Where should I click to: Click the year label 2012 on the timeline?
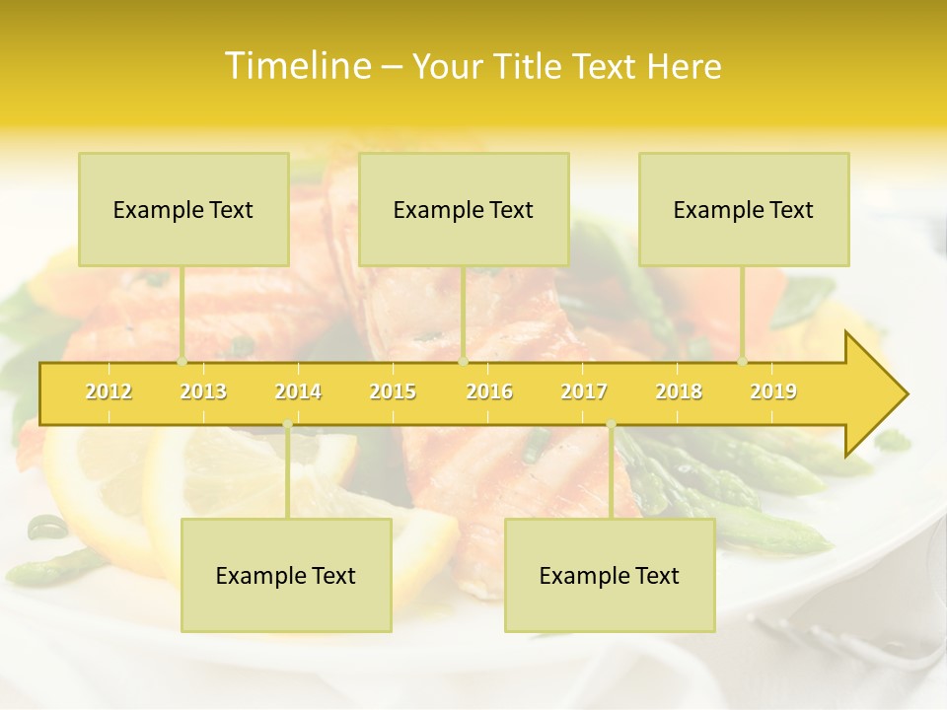click(x=109, y=391)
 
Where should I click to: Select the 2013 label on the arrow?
click(x=203, y=391)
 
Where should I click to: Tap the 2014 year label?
click(x=298, y=391)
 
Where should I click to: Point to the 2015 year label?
click(x=393, y=391)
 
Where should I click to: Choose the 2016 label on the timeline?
click(x=489, y=391)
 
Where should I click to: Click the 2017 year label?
click(x=584, y=391)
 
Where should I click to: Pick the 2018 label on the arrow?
click(x=679, y=391)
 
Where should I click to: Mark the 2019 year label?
click(x=773, y=391)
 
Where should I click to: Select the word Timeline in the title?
click(x=296, y=66)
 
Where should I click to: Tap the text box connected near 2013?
click(x=183, y=209)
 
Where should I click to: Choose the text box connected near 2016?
click(x=464, y=209)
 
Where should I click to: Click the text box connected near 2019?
click(x=744, y=209)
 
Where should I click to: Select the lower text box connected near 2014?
click(x=286, y=575)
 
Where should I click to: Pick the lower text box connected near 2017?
click(x=610, y=575)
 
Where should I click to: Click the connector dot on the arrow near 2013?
click(x=182, y=362)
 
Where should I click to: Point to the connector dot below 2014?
click(x=287, y=425)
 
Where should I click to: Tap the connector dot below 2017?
click(x=611, y=425)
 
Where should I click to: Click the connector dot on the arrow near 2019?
click(x=743, y=362)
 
